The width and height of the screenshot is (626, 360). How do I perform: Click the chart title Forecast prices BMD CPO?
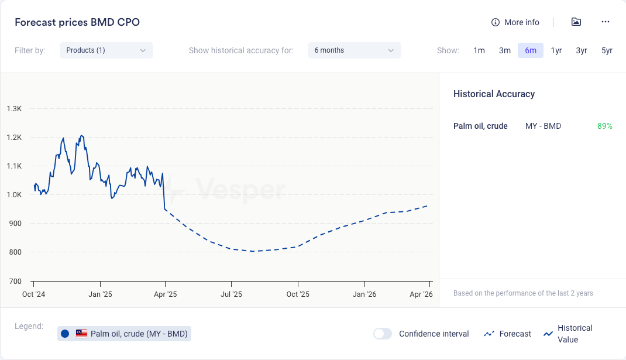77,22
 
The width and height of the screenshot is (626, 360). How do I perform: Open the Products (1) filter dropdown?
106,50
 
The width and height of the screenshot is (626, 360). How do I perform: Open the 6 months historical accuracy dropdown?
354,50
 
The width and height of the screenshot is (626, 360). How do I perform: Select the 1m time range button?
479,50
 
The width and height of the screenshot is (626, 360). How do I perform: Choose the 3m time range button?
505,50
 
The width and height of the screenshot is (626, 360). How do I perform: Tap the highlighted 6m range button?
531,50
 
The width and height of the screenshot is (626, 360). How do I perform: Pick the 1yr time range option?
556,50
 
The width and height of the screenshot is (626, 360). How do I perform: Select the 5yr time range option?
607,50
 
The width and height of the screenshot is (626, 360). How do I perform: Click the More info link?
515,22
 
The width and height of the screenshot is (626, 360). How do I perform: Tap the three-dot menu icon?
606,22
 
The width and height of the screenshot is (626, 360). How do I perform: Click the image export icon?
576,22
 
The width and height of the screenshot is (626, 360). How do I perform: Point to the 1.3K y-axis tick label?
14,109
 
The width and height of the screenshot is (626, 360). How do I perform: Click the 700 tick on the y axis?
14,281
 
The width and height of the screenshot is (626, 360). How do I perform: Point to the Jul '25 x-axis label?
232,294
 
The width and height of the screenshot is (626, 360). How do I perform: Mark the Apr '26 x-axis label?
421,294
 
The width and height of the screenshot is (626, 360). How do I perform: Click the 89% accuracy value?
604,126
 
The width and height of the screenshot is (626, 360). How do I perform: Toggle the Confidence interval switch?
383,334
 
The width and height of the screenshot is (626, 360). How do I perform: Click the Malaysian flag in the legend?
81,334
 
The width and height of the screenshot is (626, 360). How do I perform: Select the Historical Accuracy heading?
494,94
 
